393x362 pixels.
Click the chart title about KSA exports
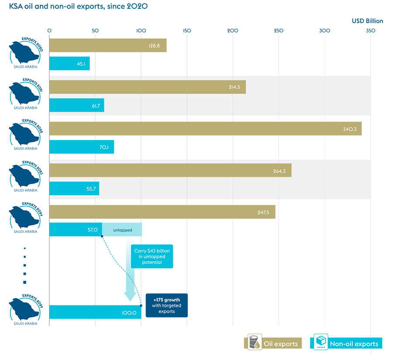[75, 7]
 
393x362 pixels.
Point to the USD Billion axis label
[367, 20]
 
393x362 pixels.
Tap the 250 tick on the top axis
[279, 31]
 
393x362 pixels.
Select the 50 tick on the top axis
[95, 31]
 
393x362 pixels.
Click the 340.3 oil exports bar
[205, 129]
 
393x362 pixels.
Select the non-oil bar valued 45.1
[69, 64]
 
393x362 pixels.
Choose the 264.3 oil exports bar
[170, 171]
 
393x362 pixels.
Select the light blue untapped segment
[122, 229]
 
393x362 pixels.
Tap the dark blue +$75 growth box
[166, 305]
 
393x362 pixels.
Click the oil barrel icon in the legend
[253, 342]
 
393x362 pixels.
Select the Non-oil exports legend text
[354, 344]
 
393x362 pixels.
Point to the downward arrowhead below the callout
[129, 297]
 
